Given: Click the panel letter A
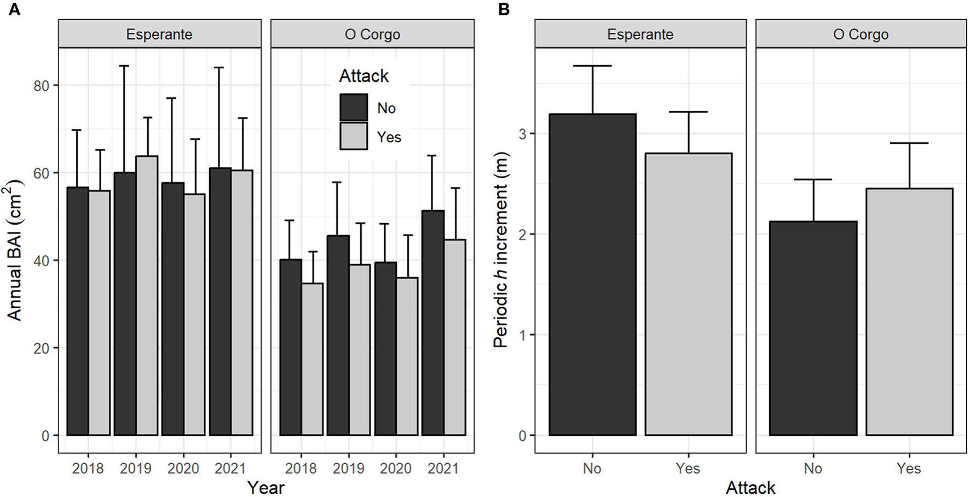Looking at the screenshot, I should [14, 9].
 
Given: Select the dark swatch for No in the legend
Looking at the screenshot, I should [354, 107].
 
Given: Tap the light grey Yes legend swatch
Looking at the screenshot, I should [354, 136].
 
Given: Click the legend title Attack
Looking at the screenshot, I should [363, 76].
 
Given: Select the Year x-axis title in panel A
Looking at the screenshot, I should [265, 487].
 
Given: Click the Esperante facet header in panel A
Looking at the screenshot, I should [159, 34].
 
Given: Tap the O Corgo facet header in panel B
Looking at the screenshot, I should [861, 34].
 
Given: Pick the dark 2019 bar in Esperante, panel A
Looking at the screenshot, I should [125, 303].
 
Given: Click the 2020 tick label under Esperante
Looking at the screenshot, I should [183, 469].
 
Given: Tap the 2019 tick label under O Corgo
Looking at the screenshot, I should [349, 469].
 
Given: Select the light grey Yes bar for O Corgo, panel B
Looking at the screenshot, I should [909, 312].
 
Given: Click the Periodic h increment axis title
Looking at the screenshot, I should [501, 249].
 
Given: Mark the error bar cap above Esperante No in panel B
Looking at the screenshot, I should [593, 66].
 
